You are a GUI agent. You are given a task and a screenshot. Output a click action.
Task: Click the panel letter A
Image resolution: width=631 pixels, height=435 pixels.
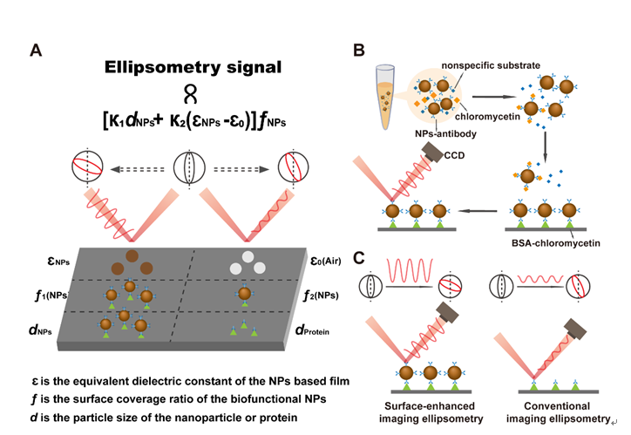coord(36,50)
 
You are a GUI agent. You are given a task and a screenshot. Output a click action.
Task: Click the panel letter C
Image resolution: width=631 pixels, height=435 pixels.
coord(359,258)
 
